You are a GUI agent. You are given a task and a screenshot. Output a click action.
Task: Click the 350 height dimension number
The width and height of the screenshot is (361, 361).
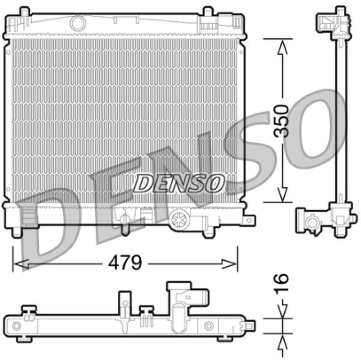[x=281, y=121]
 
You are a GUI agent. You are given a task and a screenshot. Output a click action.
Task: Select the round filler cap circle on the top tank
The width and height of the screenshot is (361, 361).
[x=78, y=23]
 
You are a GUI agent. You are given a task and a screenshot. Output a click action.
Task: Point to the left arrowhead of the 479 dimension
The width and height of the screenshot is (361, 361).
[x=21, y=264]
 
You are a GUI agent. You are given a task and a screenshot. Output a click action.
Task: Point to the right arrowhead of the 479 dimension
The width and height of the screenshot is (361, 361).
[x=229, y=264]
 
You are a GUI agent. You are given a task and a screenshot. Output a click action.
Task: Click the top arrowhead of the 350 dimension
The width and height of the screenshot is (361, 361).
[x=282, y=47]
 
